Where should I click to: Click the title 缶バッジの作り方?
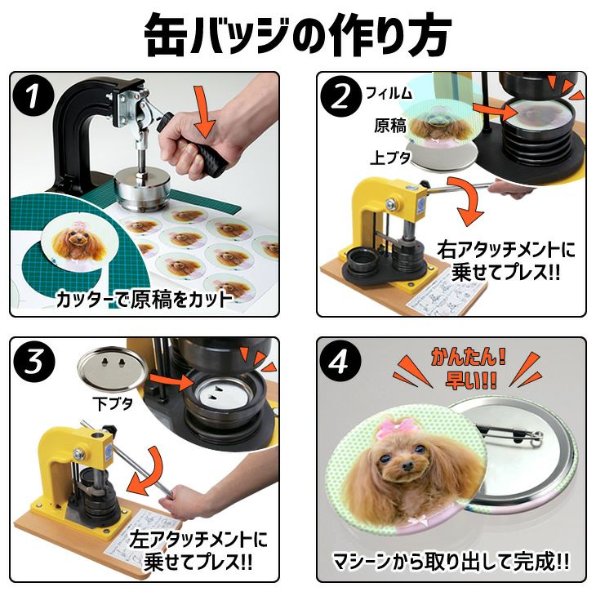[x=297, y=34]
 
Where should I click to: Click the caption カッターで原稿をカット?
[x=144, y=300]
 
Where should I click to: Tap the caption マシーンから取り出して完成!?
[x=451, y=561]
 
